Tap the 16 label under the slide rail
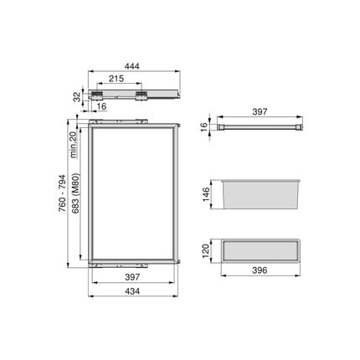101,107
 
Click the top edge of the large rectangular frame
134,125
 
